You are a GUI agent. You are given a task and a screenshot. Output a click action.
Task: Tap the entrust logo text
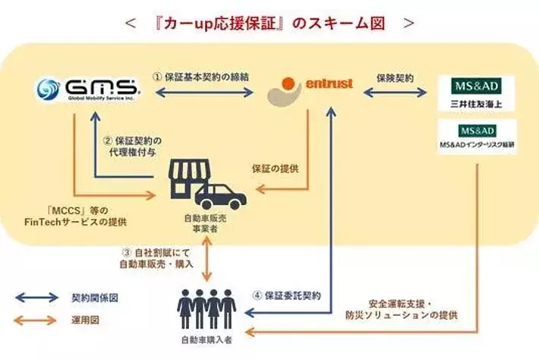pyautogui.click(x=328, y=84)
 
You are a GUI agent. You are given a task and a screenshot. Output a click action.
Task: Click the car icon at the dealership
pyautogui.click(x=220, y=195)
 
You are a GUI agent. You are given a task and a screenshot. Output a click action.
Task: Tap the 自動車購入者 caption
pyautogui.click(x=206, y=342)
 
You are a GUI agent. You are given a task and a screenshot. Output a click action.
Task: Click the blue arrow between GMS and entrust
pyautogui.click(x=204, y=92)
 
